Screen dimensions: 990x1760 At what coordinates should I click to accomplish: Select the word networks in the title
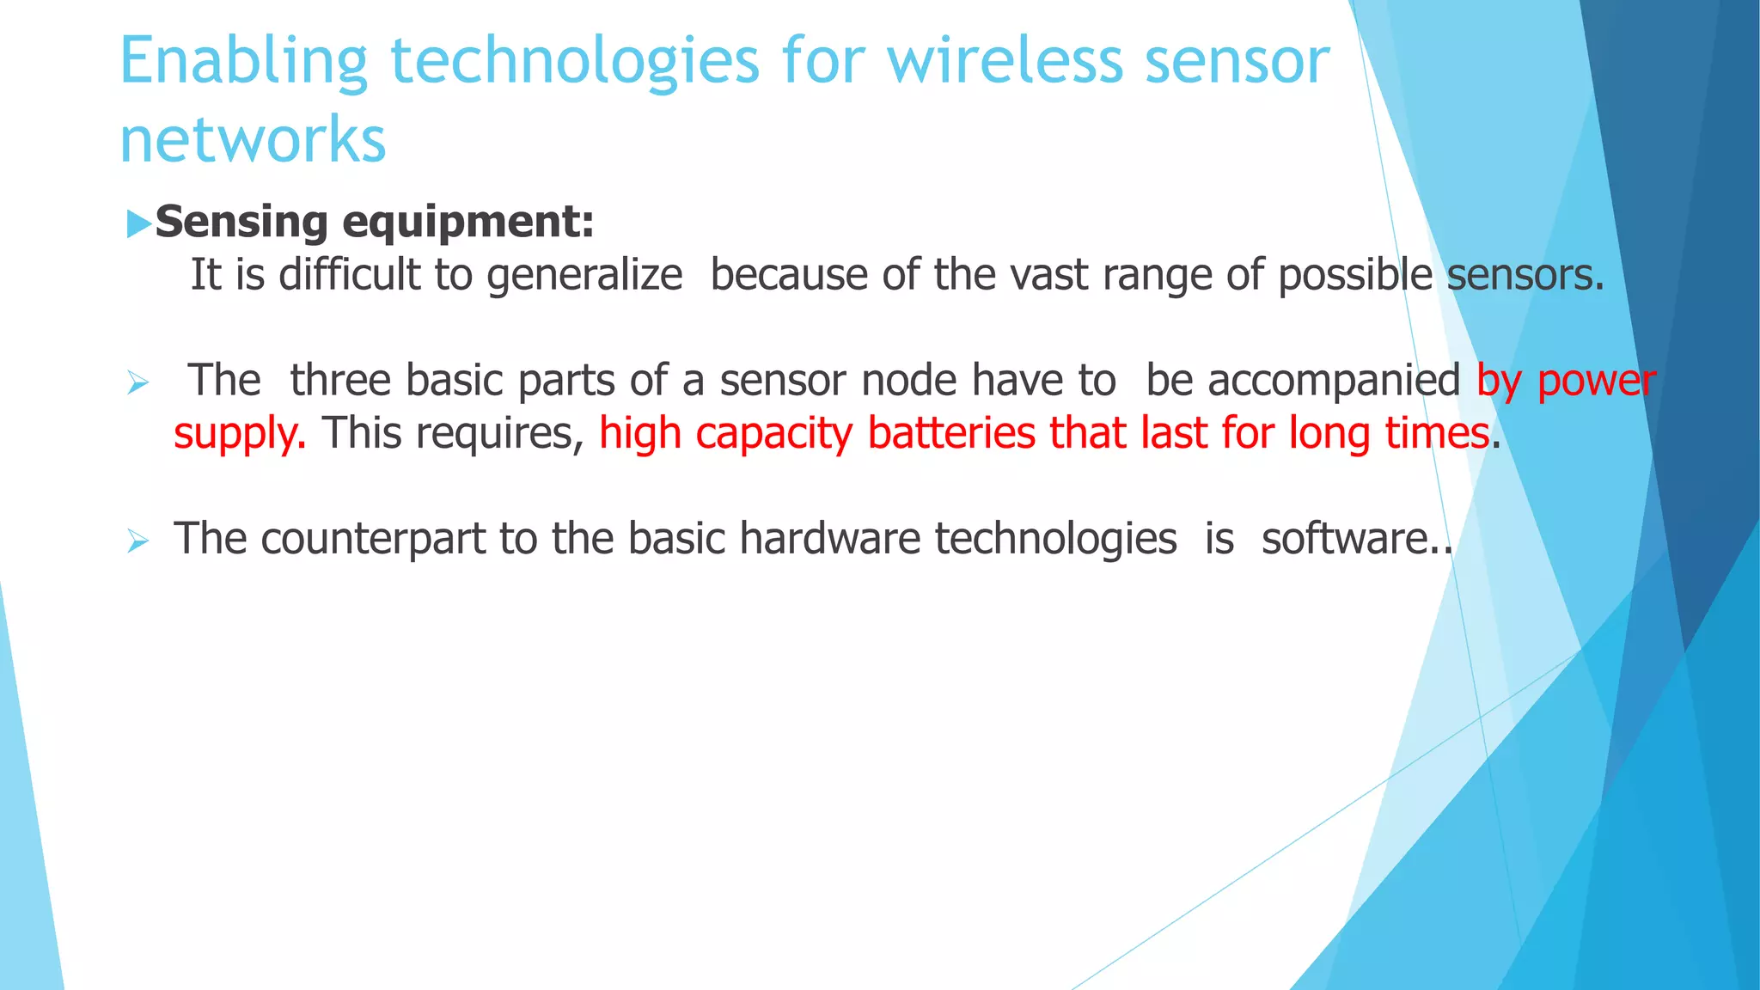253,139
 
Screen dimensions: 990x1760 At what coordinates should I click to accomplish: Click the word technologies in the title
575,62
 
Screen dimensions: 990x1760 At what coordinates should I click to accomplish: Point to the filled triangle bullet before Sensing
137,224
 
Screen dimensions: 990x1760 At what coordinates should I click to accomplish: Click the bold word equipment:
468,223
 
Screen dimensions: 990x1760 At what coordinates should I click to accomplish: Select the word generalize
584,276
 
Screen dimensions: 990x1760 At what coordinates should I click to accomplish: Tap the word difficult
350,276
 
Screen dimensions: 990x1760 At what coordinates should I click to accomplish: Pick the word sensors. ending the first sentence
1525,276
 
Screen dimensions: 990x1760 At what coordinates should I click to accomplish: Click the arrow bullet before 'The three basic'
137,383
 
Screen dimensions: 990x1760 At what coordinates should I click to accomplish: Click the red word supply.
239,434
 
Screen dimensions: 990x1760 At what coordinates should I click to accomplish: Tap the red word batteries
951,433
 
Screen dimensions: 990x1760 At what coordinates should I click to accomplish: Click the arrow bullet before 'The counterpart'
137,541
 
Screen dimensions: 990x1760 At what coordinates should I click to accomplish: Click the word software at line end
1344,539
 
